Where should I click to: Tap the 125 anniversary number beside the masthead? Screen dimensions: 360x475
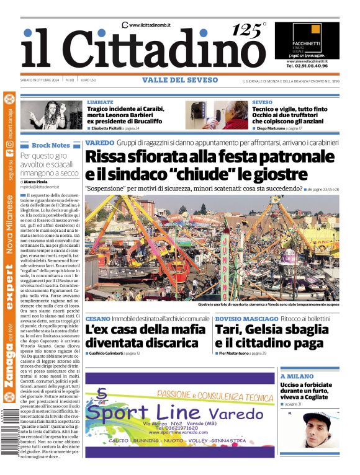(x=247, y=30)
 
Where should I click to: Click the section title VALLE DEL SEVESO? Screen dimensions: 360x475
(x=180, y=80)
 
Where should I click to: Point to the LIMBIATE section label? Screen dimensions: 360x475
(x=100, y=102)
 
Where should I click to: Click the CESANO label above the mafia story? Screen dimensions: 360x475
(x=97, y=318)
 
